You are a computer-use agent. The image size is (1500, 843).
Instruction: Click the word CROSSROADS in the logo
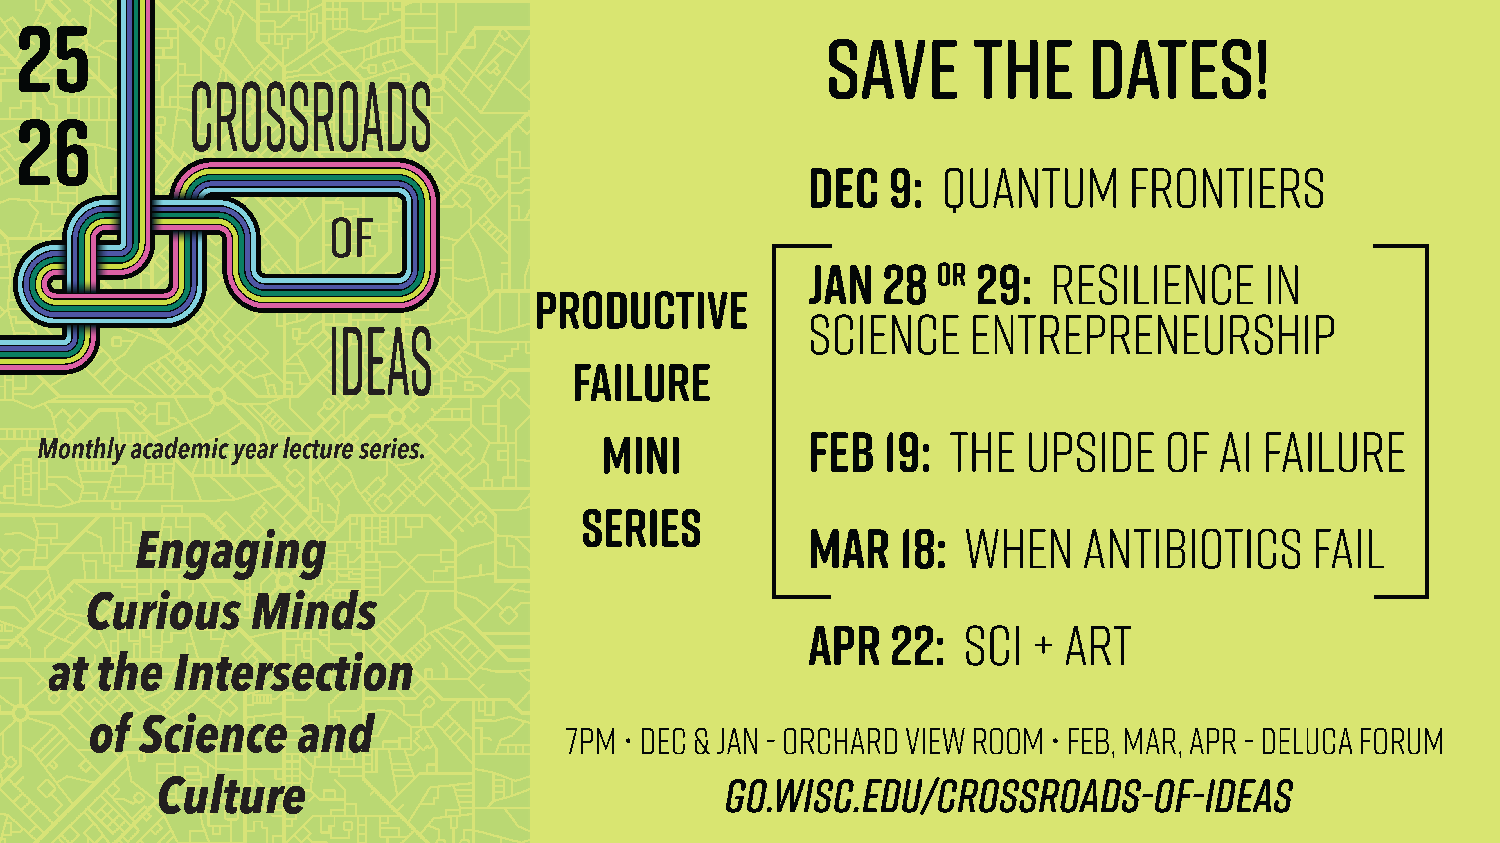(311, 116)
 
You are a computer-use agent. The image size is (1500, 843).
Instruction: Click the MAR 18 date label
(876, 549)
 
